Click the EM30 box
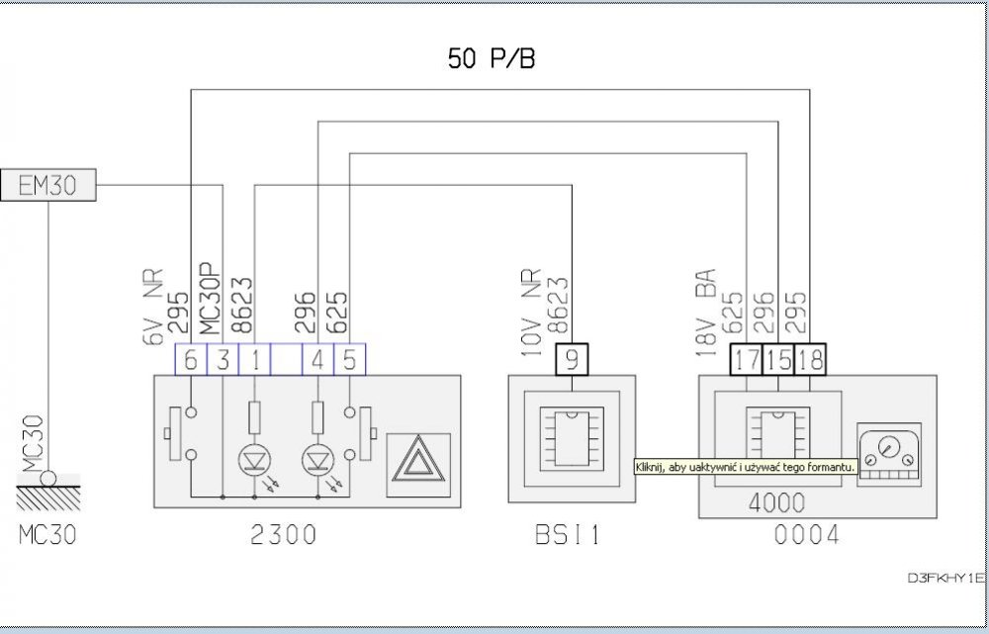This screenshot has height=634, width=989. [48, 185]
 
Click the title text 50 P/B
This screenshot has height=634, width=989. [492, 58]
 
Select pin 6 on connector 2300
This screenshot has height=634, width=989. [191, 360]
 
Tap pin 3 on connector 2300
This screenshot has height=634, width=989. [223, 360]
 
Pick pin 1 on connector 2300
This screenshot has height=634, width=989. [254, 360]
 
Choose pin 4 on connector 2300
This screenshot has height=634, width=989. [317, 360]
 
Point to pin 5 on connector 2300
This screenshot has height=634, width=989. [349, 360]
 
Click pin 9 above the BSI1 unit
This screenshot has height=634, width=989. [572, 360]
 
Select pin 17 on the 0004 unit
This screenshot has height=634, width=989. [747, 360]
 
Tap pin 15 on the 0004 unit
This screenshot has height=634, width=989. [778, 360]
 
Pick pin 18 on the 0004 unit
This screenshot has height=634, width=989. [810, 360]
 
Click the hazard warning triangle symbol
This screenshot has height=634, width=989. [418, 465]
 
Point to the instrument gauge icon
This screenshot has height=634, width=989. [889, 455]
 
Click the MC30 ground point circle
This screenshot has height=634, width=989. [48, 479]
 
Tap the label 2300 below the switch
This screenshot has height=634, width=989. [284, 535]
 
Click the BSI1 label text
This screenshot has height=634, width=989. [568, 535]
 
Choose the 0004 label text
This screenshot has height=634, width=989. [807, 535]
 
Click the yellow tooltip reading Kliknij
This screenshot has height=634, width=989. [746, 467]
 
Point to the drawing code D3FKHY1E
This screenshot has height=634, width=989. [945, 578]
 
